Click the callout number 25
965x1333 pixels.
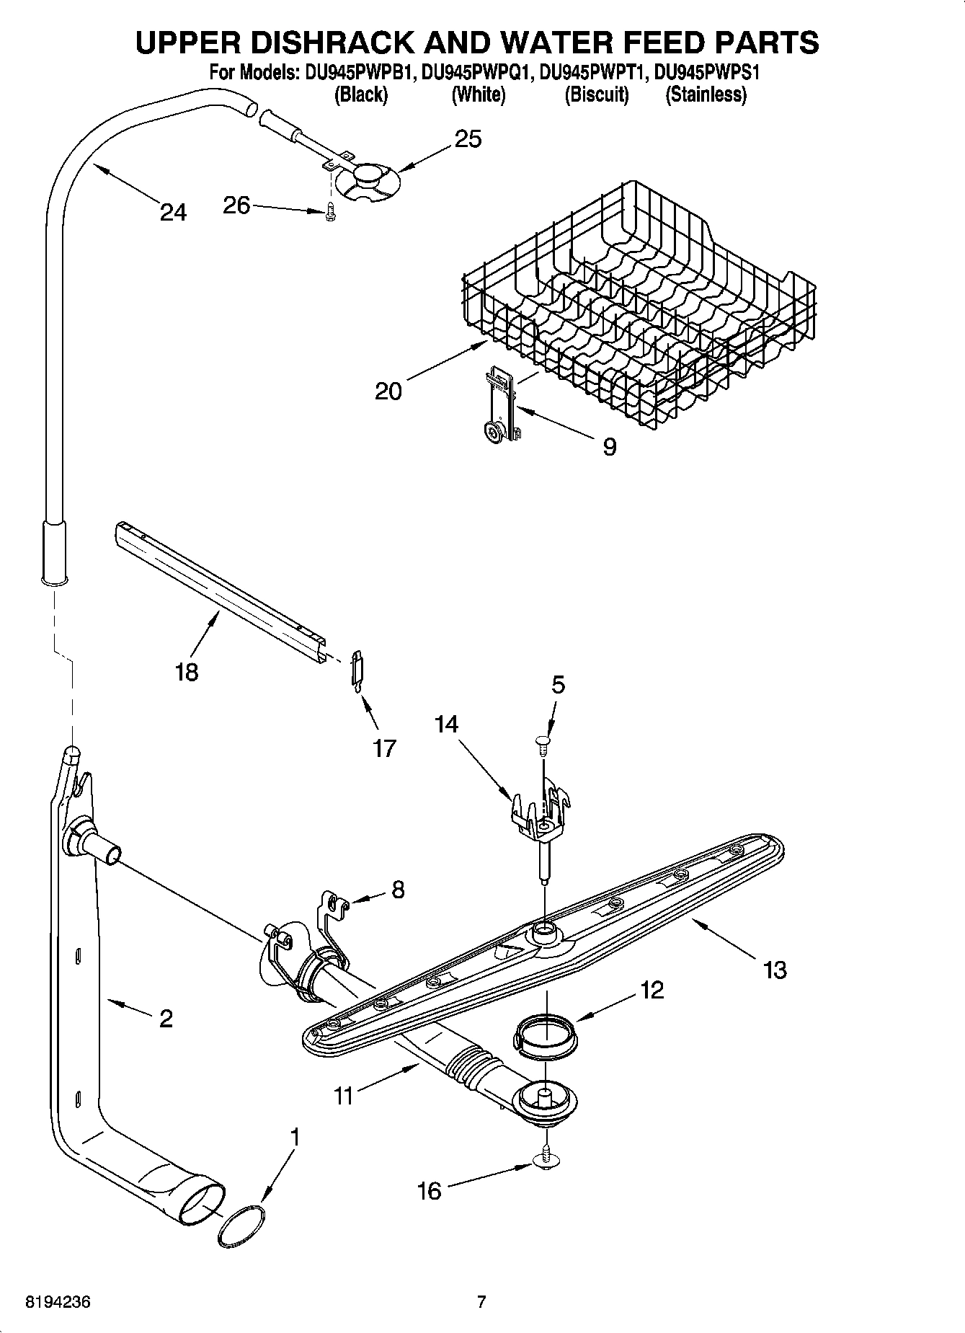click(x=468, y=138)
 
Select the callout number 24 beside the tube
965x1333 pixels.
click(x=173, y=213)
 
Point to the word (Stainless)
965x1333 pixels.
click(x=706, y=94)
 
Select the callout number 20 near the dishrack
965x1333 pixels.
click(x=388, y=391)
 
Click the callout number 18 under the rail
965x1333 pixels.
click(x=186, y=673)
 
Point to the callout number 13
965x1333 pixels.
click(x=775, y=970)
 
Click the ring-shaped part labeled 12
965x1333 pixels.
click(x=545, y=1037)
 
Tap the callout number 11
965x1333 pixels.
click(x=344, y=1096)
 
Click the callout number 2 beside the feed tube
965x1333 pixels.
click(x=166, y=1018)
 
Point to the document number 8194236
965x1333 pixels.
click(x=58, y=1302)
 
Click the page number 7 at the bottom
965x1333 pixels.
click(x=481, y=1302)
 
